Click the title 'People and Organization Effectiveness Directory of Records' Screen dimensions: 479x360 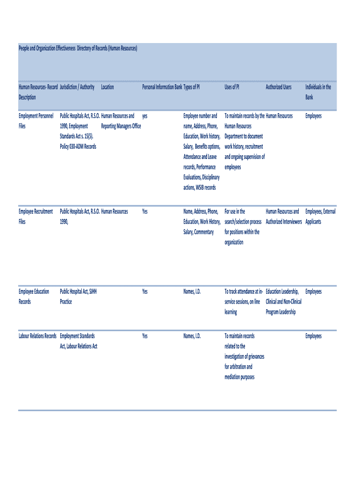(78, 49)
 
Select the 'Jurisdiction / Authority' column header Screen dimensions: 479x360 (77, 87)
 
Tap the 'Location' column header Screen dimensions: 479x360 (107, 87)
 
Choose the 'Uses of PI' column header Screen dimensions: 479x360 (232, 87)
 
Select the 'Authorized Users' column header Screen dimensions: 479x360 (279, 87)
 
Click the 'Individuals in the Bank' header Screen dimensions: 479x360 (318, 92)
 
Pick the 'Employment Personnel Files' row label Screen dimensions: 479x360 (36, 121)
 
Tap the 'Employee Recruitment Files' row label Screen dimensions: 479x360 (36, 217)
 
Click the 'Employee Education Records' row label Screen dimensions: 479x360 (34, 297)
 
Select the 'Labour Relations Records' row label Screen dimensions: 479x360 (37, 336)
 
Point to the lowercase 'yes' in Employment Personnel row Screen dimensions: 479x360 (145, 116)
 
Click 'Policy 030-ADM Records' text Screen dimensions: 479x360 (78, 147)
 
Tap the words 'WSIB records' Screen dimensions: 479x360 (200, 188)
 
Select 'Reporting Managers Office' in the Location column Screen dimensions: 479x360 (121, 126)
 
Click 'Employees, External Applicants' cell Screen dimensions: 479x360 (320, 217)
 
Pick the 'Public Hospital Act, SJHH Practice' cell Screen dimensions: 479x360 (78, 297)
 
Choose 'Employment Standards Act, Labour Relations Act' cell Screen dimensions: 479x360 (79, 341)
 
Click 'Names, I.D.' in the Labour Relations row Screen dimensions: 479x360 (192, 336)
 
